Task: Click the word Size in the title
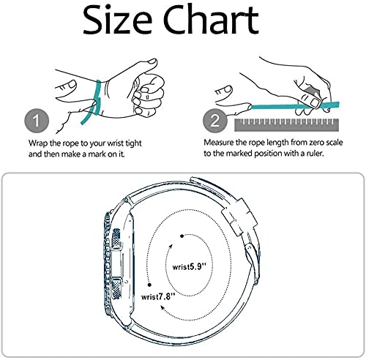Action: click(x=118, y=20)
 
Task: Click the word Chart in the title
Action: click(x=211, y=19)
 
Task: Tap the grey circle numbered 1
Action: click(x=37, y=121)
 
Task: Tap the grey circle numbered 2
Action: click(x=215, y=121)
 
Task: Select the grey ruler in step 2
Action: click(x=286, y=125)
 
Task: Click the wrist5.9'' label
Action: click(x=190, y=266)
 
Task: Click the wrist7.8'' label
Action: click(x=158, y=297)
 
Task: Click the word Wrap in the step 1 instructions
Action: click(x=38, y=143)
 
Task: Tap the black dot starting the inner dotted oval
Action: click(x=182, y=236)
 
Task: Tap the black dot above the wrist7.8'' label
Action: click(x=149, y=285)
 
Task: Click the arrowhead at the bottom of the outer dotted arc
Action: click(x=162, y=307)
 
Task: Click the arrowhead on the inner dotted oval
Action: click(x=171, y=246)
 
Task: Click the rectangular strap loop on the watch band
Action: click(x=239, y=217)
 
